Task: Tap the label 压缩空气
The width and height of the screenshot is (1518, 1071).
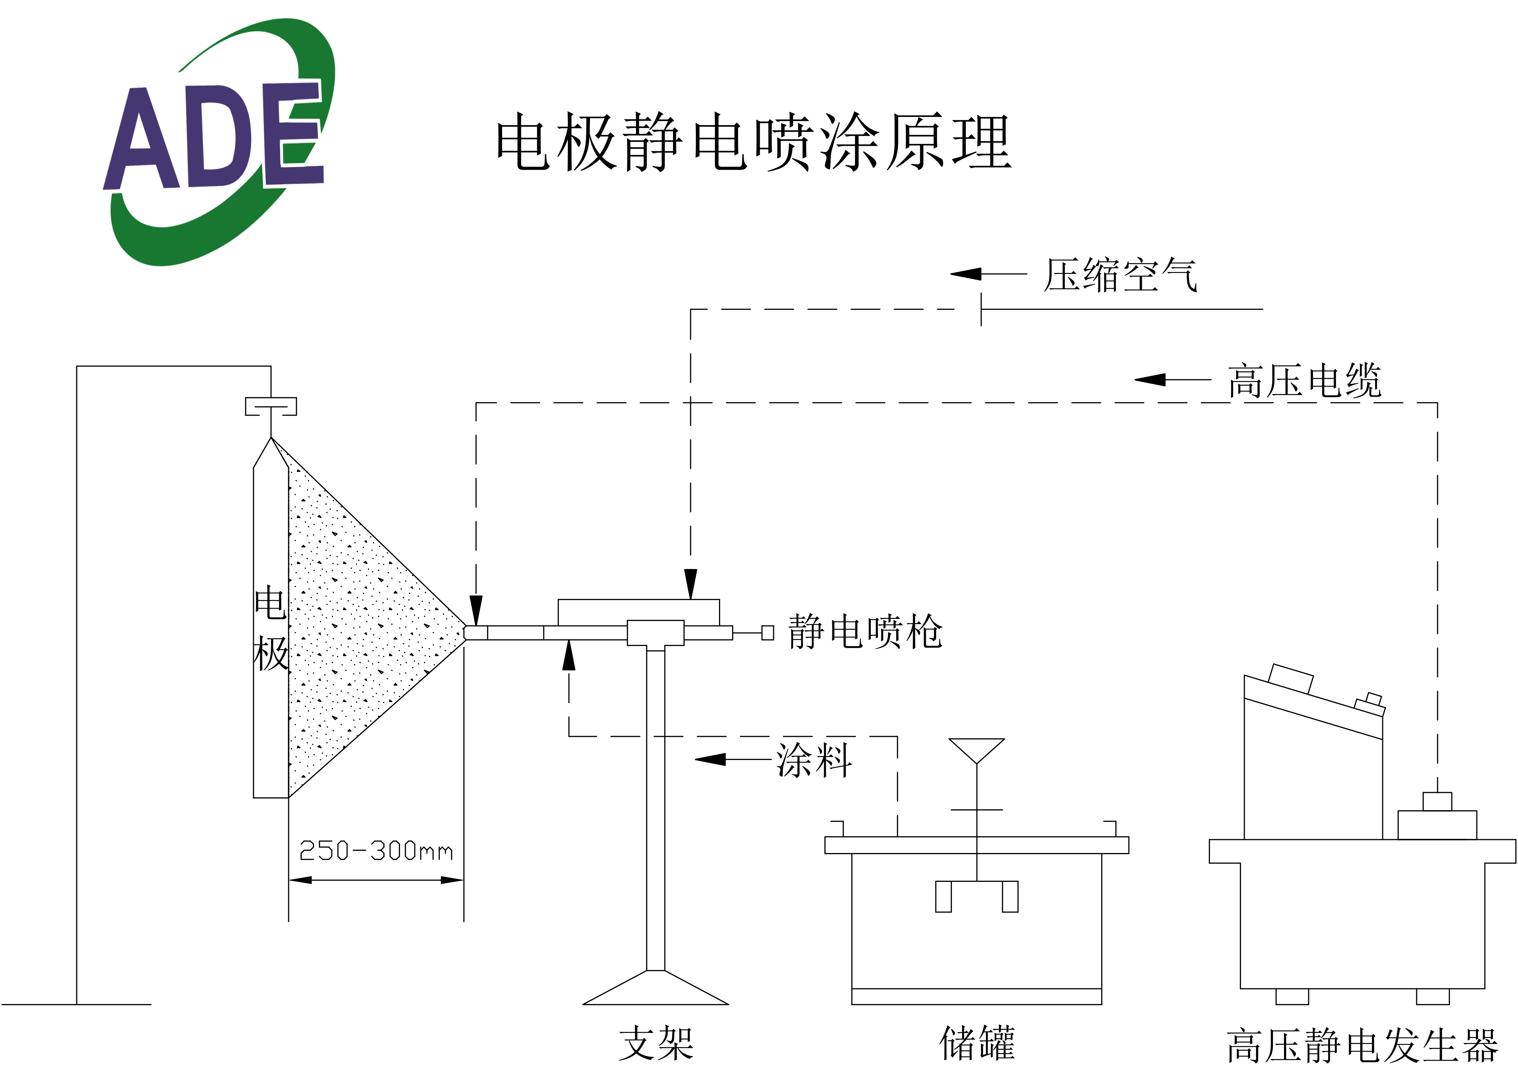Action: pyautogui.click(x=1120, y=275)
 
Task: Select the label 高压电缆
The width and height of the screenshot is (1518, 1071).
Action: pyautogui.click(x=1305, y=381)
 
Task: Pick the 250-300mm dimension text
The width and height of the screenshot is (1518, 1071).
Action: pyautogui.click(x=375, y=851)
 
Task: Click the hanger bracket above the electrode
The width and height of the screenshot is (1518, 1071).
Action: pyautogui.click(x=271, y=406)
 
